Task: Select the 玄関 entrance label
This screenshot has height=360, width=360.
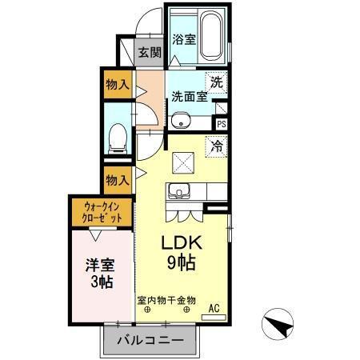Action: click(149, 53)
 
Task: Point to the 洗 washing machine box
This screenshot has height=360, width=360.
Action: click(217, 81)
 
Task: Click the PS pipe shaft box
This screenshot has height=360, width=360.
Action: click(222, 124)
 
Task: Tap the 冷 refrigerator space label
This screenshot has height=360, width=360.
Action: click(217, 146)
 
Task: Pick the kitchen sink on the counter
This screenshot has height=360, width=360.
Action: click(178, 192)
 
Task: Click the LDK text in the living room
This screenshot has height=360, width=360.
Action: click(185, 242)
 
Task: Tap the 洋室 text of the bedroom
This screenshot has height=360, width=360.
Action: click(100, 264)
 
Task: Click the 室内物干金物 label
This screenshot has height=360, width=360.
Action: click(166, 300)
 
